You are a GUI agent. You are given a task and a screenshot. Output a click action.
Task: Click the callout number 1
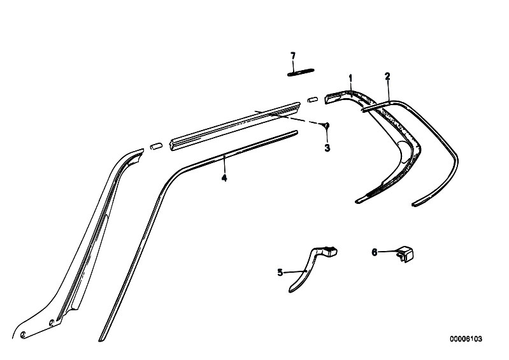[x=350, y=78]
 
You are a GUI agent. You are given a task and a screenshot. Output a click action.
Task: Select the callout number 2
[x=387, y=76]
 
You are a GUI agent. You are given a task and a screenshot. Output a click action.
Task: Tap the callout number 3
[x=327, y=148]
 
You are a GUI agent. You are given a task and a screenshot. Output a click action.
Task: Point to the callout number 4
[x=224, y=178]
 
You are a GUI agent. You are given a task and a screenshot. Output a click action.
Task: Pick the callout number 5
[x=280, y=273]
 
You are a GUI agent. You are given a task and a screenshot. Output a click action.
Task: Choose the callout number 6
[x=375, y=252]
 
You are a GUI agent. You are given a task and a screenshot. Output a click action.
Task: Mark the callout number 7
[x=293, y=56]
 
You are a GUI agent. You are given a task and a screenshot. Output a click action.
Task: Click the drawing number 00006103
[x=466, y=339]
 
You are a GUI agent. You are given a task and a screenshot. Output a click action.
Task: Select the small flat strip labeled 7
[x=301, y=72]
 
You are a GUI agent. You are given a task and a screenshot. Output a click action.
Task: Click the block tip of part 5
[x=331, y=252]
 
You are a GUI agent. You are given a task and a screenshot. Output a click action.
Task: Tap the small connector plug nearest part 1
[x=312, y=99]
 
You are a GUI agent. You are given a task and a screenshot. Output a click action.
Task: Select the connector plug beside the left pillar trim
[x=156, y=146]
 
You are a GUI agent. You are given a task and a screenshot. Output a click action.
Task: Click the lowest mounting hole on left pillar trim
[x=23, y=335]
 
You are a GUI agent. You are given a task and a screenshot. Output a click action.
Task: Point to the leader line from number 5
[x=295, y=272]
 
